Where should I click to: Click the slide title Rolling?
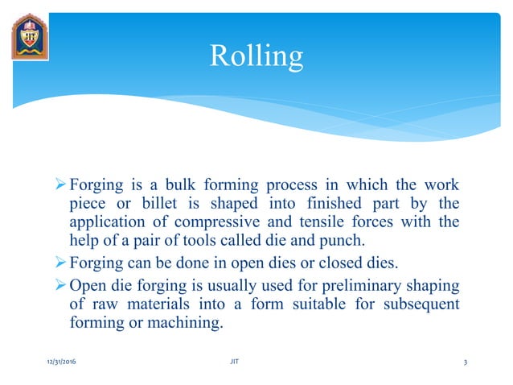tap(256, 56)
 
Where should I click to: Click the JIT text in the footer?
tap(234, 363)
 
